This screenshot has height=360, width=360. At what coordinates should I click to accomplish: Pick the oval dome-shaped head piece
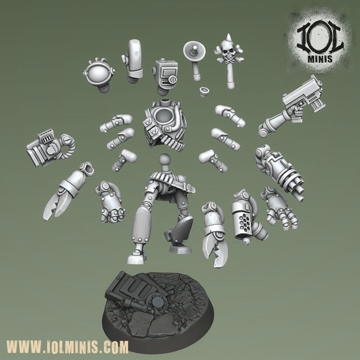pyautogui.click(x=99, y=73)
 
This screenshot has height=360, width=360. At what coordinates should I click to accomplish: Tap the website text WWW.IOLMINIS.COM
pyautogui.click(x=67, y=347)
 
